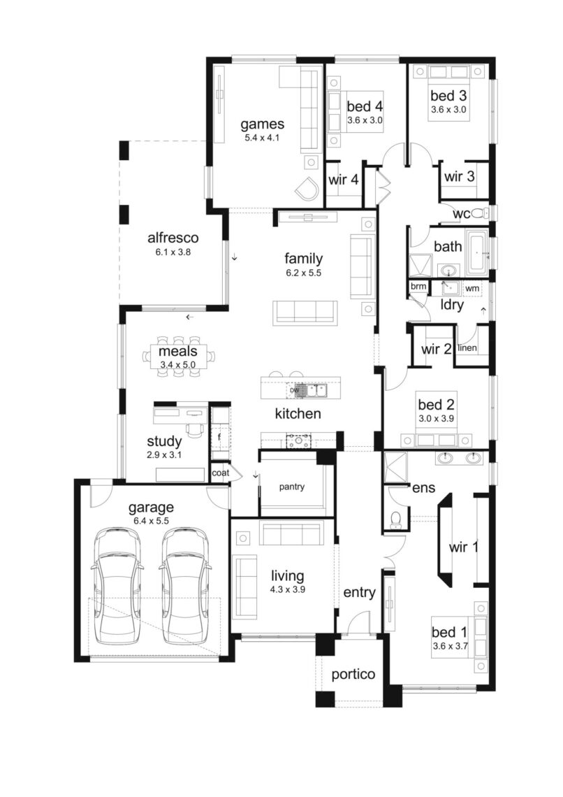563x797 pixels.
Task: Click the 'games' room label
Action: coord(262,124)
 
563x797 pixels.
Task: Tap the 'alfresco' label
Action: coord(173,238)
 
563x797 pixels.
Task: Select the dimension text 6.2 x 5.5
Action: coord(304,273)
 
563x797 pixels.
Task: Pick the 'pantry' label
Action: coord(291,487)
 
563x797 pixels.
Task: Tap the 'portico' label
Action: coord(353,675)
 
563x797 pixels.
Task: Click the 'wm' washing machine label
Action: coord(472,288)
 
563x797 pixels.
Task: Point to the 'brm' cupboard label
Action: coord(418,286)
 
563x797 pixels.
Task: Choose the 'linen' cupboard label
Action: coord(467,348)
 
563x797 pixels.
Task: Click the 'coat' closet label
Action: coord(220,473)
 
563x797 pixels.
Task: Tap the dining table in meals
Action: coord(177,356)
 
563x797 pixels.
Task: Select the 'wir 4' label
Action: coord(343,180)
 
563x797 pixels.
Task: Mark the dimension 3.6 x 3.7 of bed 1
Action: coord(450,647)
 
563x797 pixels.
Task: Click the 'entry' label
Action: coord(360,593)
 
